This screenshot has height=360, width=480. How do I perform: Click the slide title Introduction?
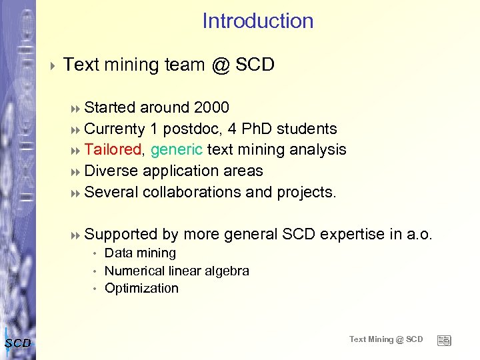[257, 21]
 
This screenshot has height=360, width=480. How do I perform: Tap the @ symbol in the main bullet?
[220, 65]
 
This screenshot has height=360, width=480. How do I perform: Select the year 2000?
[211, 107]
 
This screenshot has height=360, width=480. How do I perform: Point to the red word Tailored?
[113, 149]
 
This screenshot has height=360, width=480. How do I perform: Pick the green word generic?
[177, 149]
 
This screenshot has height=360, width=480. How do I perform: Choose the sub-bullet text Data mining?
[140, 253]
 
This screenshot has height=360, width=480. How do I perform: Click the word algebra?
[227, 271]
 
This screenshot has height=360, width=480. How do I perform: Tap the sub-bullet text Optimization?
[141, 288]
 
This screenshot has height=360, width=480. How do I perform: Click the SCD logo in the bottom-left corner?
[17, 343]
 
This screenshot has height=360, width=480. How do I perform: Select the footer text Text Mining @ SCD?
[386, 339]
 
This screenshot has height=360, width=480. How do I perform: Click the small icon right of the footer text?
[444, 340]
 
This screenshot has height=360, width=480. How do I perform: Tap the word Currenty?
[115, 129]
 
